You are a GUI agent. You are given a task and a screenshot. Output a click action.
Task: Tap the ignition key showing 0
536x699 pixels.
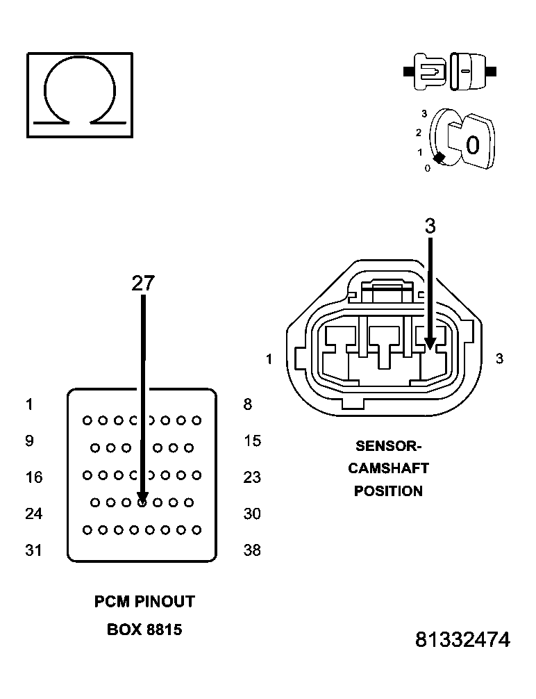coord(469,143)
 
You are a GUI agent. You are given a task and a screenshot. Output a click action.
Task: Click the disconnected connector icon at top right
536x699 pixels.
coord(450,72)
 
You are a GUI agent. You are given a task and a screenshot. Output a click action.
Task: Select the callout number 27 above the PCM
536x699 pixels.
coord(143,283)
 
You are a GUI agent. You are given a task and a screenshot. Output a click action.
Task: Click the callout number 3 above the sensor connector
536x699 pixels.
coord(430,226)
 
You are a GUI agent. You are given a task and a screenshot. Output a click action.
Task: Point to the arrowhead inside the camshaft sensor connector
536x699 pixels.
coord(430,343)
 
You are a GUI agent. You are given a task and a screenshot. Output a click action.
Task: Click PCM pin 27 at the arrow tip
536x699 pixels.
coord(142,502)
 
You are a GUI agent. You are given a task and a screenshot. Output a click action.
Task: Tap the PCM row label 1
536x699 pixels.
coord(29,404)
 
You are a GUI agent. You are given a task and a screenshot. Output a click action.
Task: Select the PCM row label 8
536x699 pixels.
coord(248,404)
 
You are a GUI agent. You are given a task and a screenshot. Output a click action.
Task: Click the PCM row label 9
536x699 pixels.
coord(29,441)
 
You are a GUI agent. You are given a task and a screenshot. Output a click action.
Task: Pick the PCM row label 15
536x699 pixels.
coord(252,441)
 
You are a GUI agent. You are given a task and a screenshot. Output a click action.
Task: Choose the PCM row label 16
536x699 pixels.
coord(33,477)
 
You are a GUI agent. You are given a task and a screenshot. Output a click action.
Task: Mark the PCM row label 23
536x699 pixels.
coord(252,477)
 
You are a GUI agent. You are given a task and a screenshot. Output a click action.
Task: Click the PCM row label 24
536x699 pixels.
coord(33,513)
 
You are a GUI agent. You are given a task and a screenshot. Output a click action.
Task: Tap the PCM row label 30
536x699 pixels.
coord(252,513)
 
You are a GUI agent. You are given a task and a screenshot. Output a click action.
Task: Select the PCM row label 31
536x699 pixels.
coord(33,550)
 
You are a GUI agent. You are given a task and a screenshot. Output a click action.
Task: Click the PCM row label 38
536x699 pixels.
coord(252,550)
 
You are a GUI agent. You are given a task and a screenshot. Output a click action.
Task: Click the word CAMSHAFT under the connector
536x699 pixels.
coord(388,468)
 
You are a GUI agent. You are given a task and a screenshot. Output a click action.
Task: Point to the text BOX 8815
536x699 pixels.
coord(144,630)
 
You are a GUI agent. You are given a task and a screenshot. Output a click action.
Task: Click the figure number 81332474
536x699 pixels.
coord(462,640)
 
